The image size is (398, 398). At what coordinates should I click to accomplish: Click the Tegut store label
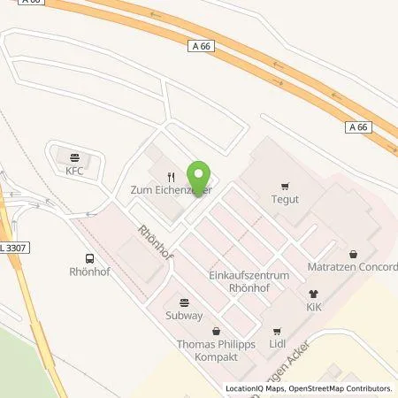point(284,199)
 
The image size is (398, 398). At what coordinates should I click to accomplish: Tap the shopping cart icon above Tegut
point(284,186)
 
